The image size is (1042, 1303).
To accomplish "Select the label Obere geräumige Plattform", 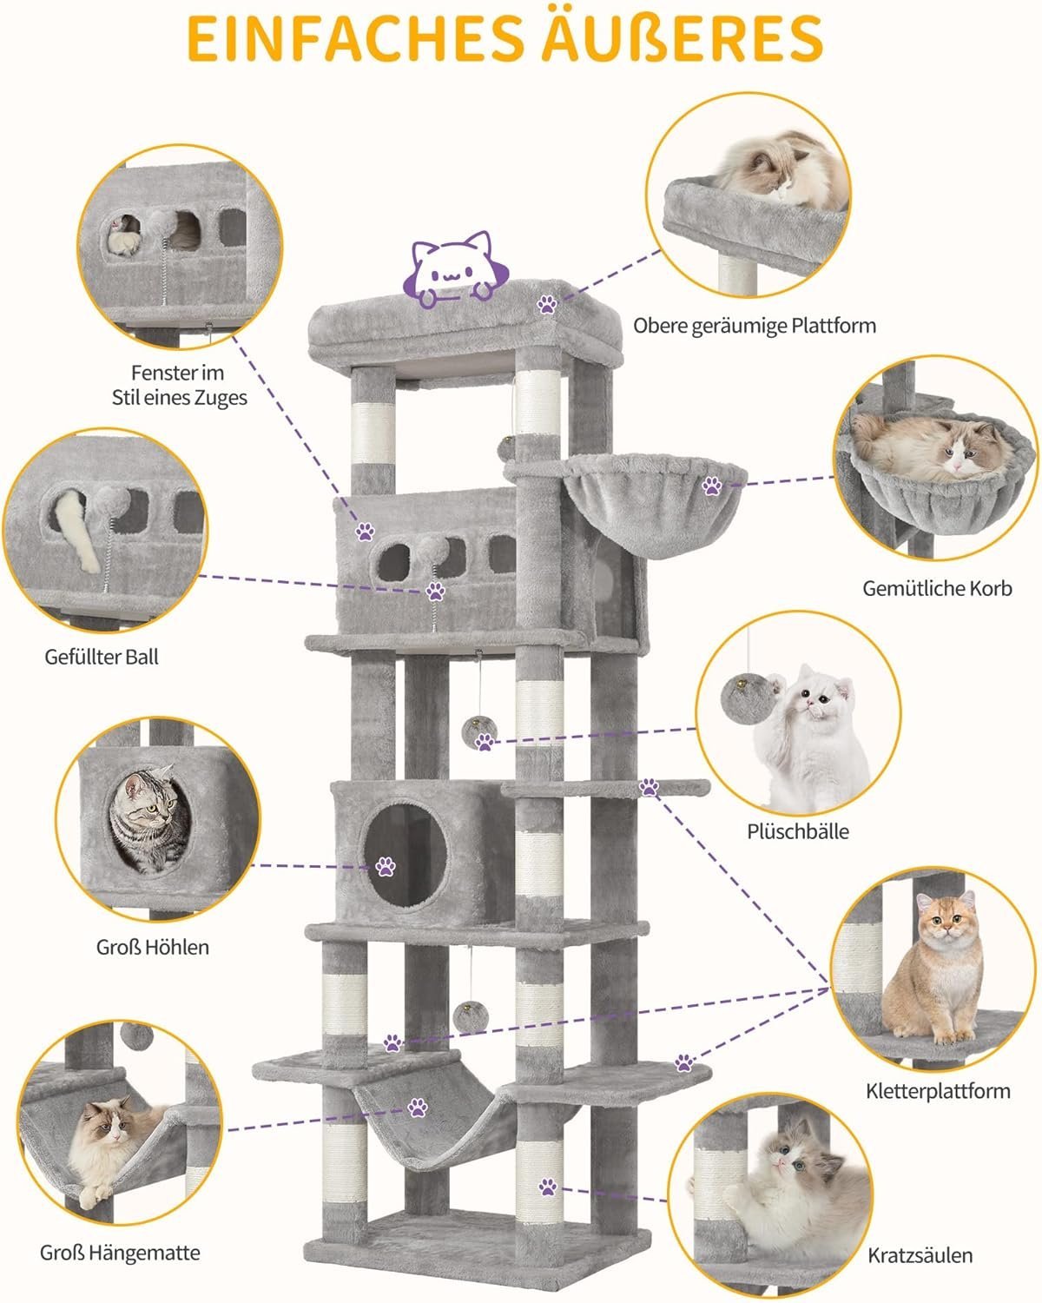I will point(754,326).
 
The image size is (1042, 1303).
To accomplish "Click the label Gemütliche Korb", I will point(937,588).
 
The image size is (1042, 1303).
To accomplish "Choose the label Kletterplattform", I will point(938,1090).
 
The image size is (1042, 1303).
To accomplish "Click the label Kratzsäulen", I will point(920,1254).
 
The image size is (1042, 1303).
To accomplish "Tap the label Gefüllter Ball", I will point(102,657).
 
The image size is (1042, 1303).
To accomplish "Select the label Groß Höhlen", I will point(153,946).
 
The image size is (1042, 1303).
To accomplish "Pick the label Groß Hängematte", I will point(120,1253).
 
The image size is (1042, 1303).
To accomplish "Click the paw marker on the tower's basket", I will point(712,486).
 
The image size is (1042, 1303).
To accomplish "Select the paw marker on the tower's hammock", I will point(419,1108).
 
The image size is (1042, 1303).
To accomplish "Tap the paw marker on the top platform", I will point(547,303).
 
